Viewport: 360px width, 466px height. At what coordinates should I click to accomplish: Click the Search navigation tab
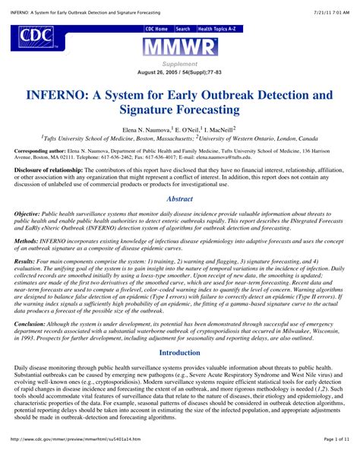(183, 28)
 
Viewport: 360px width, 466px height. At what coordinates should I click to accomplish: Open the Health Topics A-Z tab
(216, 28)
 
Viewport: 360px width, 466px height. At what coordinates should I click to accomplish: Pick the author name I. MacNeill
(217, 130)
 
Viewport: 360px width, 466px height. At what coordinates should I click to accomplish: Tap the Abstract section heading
(179, 198)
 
